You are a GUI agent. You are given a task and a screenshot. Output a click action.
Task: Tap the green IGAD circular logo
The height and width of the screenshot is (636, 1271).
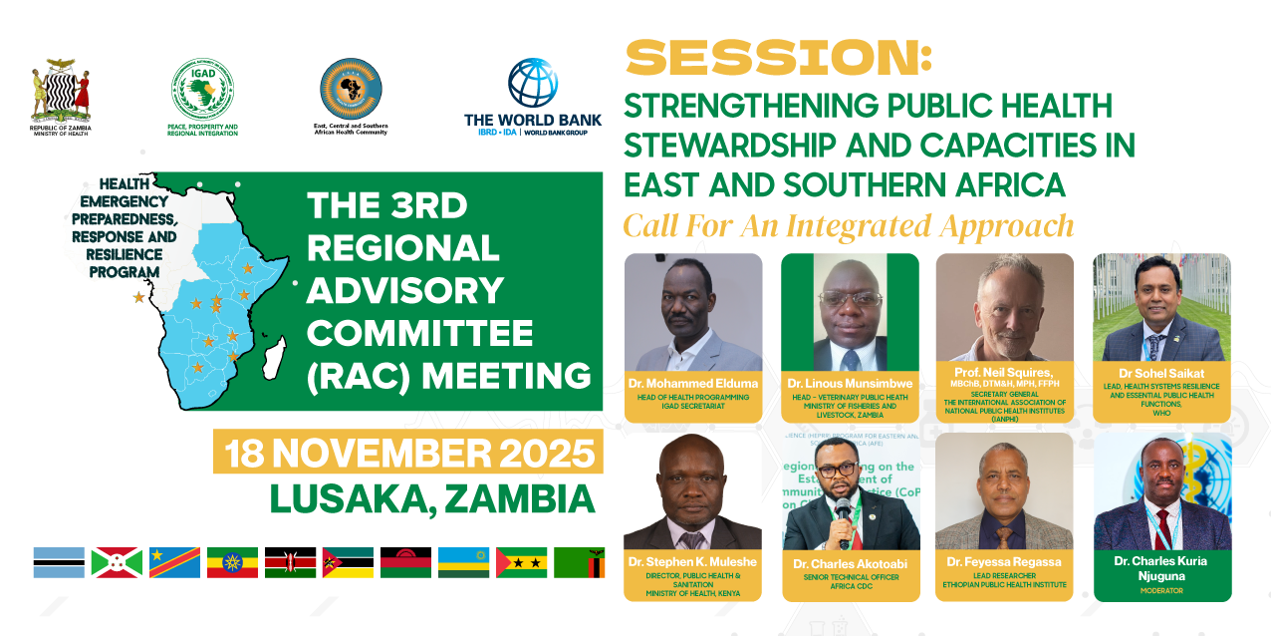pyautogui.click(x=202, y=89)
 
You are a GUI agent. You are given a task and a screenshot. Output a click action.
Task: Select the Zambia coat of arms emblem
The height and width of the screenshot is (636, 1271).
pyautogui.click(x=61, y=91)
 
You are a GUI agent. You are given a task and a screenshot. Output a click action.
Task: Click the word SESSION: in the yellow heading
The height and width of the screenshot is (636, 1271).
pyautogui.click(x=778, y=59)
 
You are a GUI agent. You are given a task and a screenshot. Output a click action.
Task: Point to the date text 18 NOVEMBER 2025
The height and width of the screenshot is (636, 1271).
pyautogui.click(x=409, y=454)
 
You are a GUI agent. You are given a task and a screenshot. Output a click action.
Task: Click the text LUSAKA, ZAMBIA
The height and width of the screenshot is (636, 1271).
pyautogui.click(x=432, y=498)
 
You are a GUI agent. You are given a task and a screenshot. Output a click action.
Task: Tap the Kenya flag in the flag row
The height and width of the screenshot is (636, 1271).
pyautogui.click(x=290, y=563)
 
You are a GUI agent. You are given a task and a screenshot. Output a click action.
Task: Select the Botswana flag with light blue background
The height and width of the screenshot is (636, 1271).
pyautogui.click(x=58, y=563)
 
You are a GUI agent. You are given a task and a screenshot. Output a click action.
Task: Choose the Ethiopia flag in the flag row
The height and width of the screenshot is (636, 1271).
pyautogui.click(x=232, y=563)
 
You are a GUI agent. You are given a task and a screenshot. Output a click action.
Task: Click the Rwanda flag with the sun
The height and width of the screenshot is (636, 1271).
pyautogui.click(x=464, y=563)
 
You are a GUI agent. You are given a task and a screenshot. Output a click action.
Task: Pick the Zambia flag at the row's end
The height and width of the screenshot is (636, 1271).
pyautogui.click(x=580, y=563)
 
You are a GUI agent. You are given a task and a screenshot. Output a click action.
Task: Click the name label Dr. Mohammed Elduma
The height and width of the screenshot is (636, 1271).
pyautogui.click(x=692, y=383)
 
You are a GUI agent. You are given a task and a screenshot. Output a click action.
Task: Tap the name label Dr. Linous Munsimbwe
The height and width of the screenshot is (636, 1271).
pyautogui.click(x=850, y=383)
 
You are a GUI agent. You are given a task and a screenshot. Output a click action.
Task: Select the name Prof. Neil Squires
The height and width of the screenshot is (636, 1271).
pyautogui.click(x=1004, y=371)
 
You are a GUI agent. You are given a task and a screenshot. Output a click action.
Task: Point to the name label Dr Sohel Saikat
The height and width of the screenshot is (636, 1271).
pyautogui.click(x=1161, y=374)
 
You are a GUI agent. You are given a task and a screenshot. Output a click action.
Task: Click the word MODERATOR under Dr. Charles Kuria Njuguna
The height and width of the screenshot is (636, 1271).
pyautogui.click(x=1161, y=590)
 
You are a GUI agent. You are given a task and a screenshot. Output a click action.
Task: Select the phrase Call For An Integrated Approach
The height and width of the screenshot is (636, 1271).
pyautogui.click(x=849, y=225)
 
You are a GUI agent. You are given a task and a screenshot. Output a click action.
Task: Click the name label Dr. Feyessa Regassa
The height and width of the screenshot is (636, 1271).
pyautogui.click(x=1004, y=562)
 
